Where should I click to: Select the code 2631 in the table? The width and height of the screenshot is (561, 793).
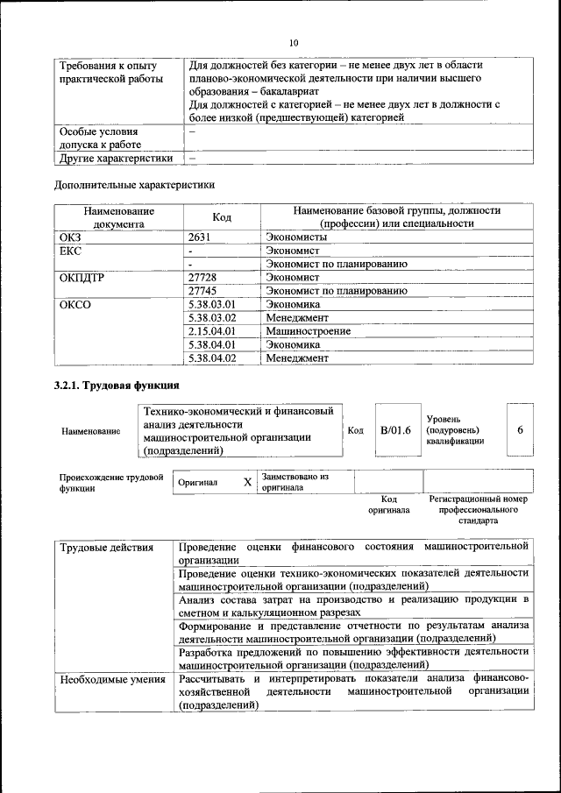coord(202,237)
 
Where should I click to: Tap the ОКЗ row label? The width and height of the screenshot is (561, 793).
coord(70,237)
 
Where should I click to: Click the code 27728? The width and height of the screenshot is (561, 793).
coord(203,277)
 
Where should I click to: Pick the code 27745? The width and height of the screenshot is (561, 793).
coord(203,290)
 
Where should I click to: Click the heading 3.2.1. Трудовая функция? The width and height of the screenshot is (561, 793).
coord(117,386)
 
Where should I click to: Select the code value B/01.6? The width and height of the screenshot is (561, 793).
coord(395,430)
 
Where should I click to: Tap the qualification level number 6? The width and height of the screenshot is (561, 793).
coord(521,430)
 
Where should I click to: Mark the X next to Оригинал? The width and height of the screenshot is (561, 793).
coord(247,482)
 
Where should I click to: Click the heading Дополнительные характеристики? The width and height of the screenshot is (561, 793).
coord(134,185)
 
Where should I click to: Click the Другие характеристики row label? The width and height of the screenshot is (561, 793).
coord(116,159)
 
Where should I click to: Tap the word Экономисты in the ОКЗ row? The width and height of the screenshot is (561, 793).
coord(297,237)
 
